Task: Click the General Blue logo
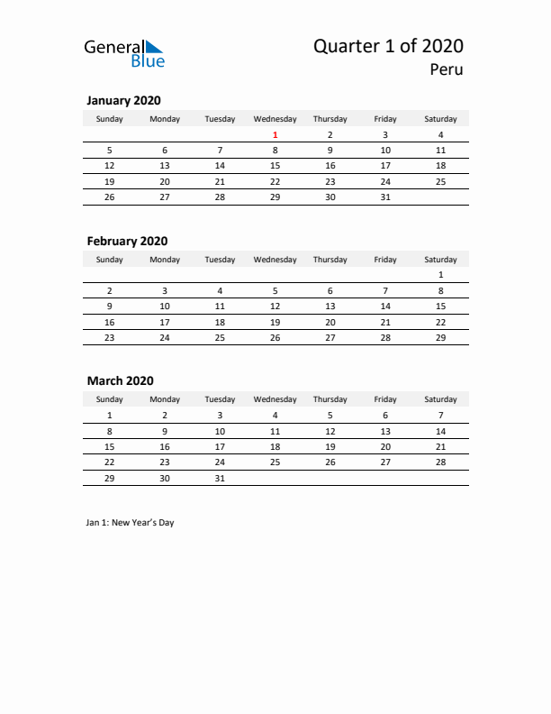[x=124, y=52]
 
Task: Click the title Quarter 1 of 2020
[x=388, y=46]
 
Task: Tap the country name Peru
[x=447, y=69]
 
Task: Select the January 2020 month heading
[x=123, y=100]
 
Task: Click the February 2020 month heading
[x=127, y=241]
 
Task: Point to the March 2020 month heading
[x=121, y=380]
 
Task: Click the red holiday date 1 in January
[x=275, y=135]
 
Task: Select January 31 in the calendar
[x=385, y=197]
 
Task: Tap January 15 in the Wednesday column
[x=275, y=166]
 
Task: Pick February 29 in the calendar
[x=440, y=337]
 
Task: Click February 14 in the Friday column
[x=385, y=307]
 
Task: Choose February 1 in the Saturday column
[x=440, y=275]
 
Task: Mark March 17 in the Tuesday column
[x=220, y=446]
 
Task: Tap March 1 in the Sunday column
[x=110, y=416]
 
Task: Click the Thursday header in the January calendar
[x=330, y=119]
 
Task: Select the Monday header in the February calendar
[x=165, y=260]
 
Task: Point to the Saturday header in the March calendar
[x=440, y=399]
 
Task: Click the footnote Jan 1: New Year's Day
[x=131, y=523]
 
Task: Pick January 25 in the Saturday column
[x=440, y=181]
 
